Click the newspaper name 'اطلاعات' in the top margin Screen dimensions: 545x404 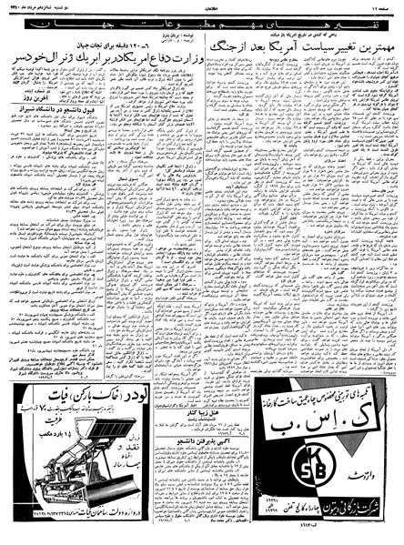(x=202, y=7)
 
